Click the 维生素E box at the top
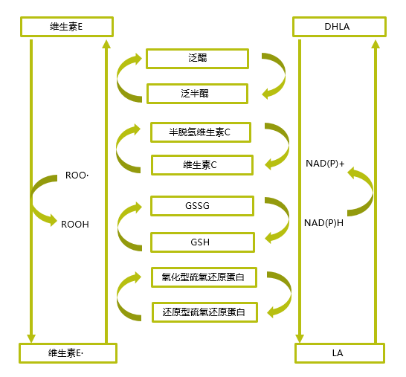click(x=66, y=28)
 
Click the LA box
click(x=339, y=353)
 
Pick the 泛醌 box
click(x=197, y=59)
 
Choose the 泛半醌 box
click(x=197, y=94)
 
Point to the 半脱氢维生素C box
click(x=201, y=132)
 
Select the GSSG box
click(x=201, y=205)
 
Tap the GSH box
click(x=201, y=242)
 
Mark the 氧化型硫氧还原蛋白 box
click(x=204, y=277)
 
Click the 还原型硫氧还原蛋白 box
click(x=204, y=312)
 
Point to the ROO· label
click(x=77, y=176)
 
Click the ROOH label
click(x=75, y=223)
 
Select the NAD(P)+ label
click(x=325, y=164)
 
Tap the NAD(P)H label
click(x=324, y=222)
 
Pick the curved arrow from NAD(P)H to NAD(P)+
click(x=365, y=193)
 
